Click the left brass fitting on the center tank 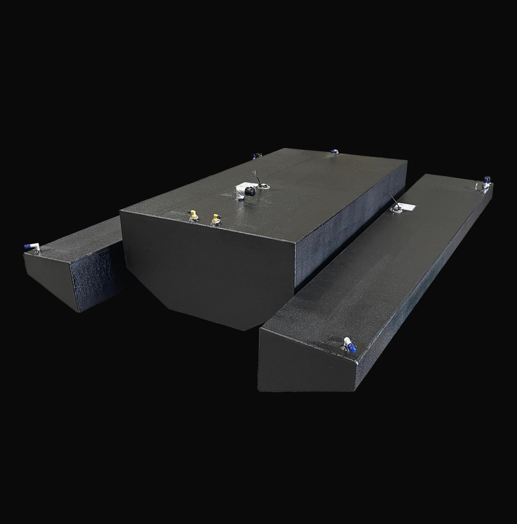pyautogui.click(x=193, y=216)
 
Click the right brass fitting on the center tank pyautogui.click(x=215, y=218)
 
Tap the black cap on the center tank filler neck pyautogui.click(x=249, y=191)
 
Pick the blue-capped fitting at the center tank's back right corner pyautogui.click(x=334, y=152)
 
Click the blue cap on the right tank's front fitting pyautogui.click(x=351, y=348)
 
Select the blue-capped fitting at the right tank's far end pyautogui.click(x=487, y=181)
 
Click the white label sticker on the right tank pyautogui.click(x=409, y=207)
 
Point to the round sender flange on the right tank pyautogui.click(x=396, y=210)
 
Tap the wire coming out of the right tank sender pyautogui.click(x=390, y=201)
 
